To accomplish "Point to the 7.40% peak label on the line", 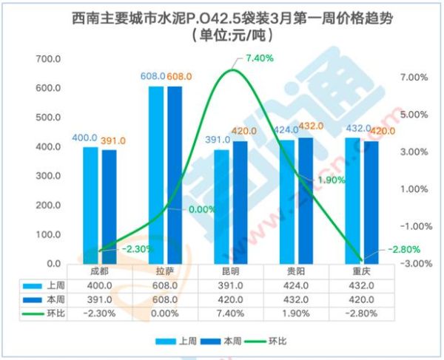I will pos(260,58).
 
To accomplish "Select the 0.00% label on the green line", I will pos(202,209).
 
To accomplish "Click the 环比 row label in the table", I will pos(54,313).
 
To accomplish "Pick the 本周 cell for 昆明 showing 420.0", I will pos(238,299).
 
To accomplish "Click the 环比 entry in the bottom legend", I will pos(267,342).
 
